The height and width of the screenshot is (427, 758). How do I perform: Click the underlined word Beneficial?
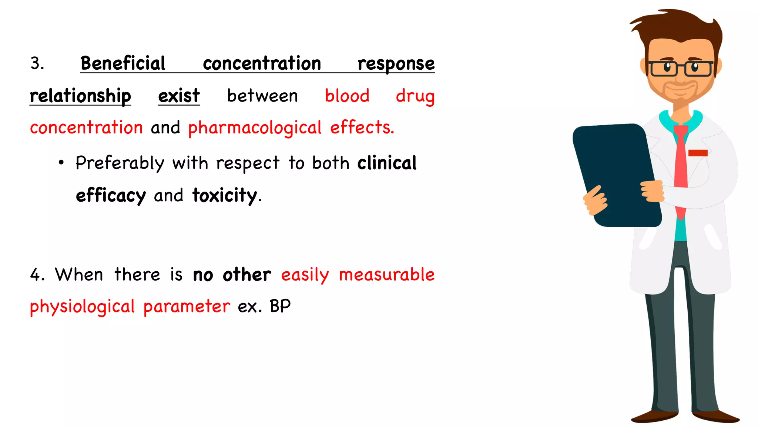(x=123, y=63)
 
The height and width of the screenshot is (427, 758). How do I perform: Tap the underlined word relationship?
(x=80, y=96)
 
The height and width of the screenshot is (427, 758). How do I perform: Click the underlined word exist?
(x=179, y=96)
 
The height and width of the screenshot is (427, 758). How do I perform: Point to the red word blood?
(x=347, y=96)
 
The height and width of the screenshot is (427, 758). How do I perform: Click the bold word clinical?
(x=387, y=163)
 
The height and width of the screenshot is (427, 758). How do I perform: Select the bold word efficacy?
(x=111, y=196)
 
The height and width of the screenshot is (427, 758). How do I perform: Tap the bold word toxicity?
(x=225, y=195)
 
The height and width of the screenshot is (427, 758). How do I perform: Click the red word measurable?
(x=387, y=275)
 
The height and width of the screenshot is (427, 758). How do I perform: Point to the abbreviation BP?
(x=280, y=307)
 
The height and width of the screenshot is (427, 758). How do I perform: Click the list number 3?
(x=37, y=63)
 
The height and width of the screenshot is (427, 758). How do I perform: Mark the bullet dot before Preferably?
(x=61, y=162)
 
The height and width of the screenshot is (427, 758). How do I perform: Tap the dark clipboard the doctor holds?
(x=616, y=174)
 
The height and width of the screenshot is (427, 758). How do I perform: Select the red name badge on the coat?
(x=698, y=153)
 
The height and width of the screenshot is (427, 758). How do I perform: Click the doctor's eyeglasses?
(x=680, y=69)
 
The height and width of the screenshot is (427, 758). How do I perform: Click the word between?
(x=262, y=96)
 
